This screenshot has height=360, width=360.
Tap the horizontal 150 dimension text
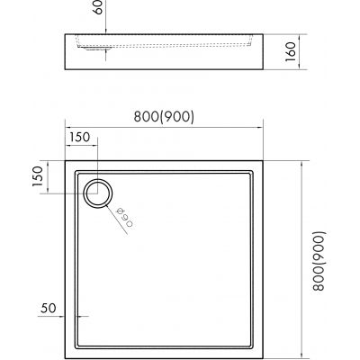point(78,136)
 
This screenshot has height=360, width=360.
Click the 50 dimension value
point(49,308)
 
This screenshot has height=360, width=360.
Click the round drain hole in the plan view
point(96,192)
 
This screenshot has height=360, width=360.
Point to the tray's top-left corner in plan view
point(66,162)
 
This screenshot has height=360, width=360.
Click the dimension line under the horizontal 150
point(80,146)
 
